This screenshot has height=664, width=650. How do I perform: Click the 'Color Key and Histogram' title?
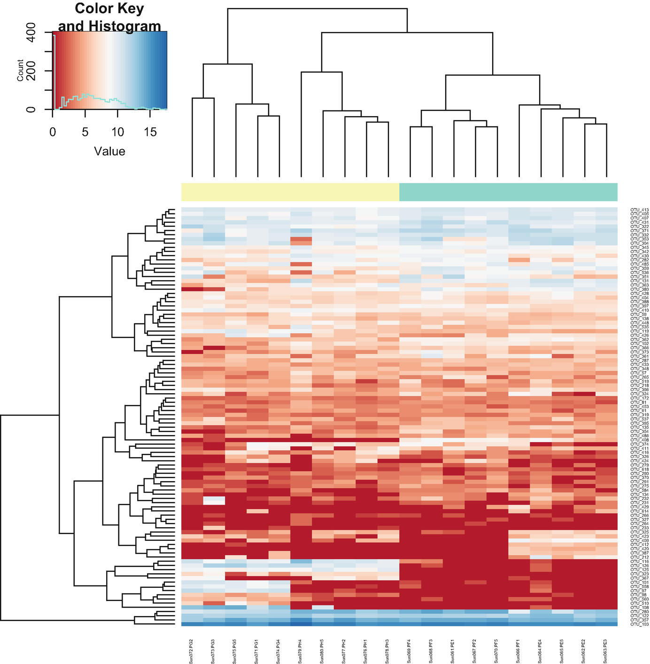pos(109,17)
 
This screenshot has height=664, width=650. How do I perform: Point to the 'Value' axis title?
pos(109,151)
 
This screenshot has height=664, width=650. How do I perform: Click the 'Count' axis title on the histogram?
pos(20,70)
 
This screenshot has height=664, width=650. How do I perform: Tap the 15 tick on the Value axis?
pos(150,133)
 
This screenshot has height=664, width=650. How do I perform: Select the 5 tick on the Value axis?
pos(85,133)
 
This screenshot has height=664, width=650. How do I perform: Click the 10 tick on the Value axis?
pos(117,133)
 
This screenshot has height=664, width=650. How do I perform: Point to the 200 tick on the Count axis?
pos(31,71)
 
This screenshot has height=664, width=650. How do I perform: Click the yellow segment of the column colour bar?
pos(290,192)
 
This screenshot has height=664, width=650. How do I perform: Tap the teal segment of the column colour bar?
pos(508,192)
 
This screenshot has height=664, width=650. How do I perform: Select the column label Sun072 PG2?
pos(192,651)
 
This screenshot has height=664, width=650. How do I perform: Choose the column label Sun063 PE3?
pos(606,651)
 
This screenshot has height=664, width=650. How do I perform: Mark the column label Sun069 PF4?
pos(410,651)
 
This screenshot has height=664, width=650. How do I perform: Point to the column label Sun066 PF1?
pos(519,651)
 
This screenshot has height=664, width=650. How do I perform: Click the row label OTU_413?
pos(639,210)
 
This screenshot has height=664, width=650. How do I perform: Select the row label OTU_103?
pos(639,624)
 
